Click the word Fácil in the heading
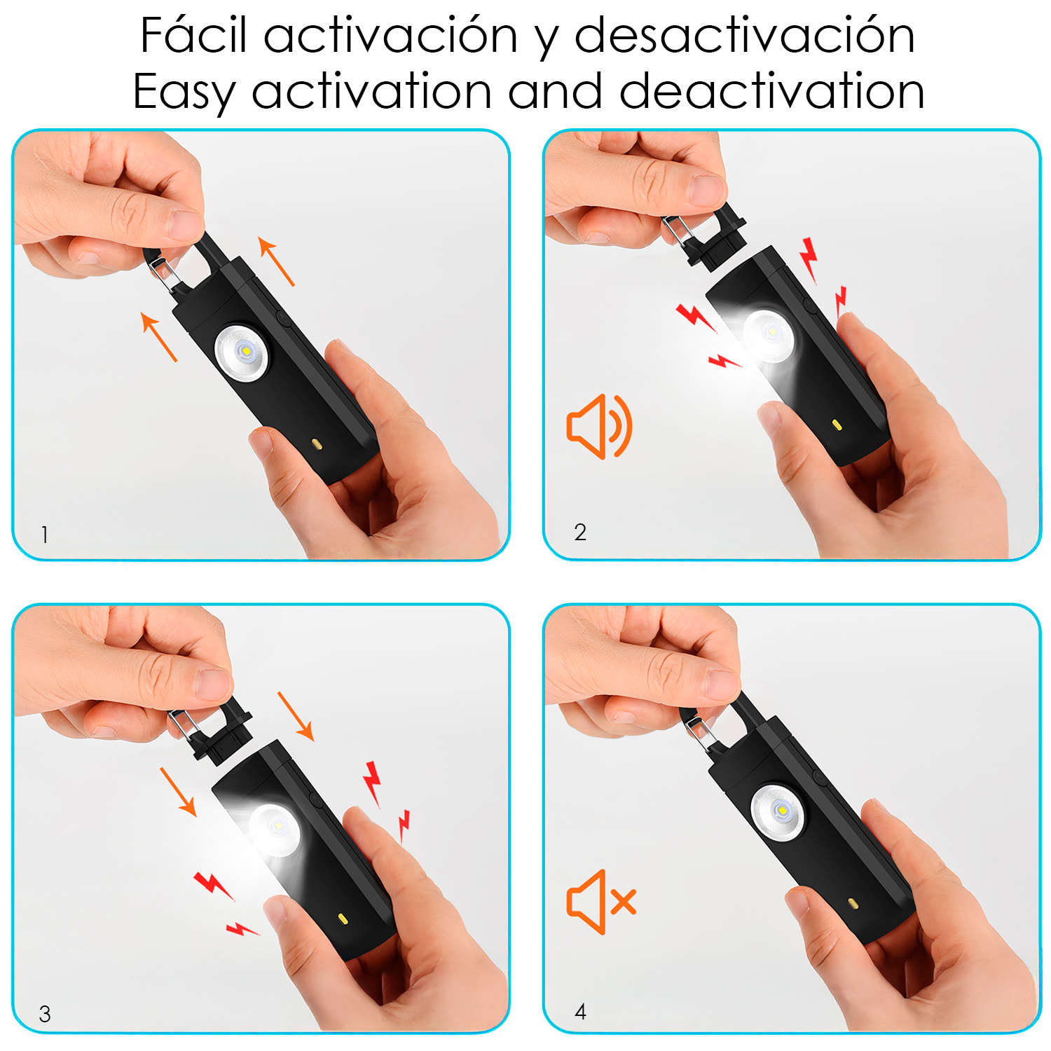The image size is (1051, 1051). point(193,35)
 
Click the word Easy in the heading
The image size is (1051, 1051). point(184,92)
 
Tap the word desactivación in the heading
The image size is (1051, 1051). point(744,35)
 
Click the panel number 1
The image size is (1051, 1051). point(45,535)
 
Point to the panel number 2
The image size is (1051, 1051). point(580,533)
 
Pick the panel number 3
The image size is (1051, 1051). point(45,1014)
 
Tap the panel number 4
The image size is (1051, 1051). point(580,1011)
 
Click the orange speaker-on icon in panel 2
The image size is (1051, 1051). point(599,426)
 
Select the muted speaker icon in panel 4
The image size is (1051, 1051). point(601,902)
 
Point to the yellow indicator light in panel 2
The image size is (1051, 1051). point(836,424)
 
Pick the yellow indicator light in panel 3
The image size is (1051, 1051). point(343,918)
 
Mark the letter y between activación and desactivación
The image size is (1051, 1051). point(547,39)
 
